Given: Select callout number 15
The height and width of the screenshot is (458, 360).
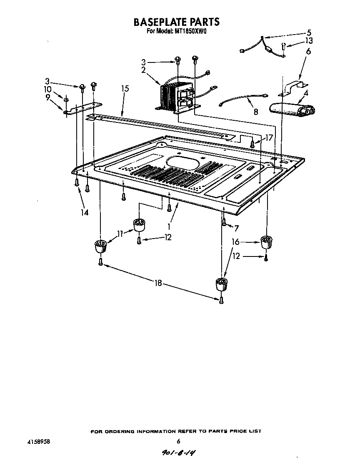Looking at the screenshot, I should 125,89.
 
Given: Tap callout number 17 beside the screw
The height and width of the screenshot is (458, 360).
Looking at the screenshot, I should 269,137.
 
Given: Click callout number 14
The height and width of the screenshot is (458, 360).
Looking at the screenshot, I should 85,212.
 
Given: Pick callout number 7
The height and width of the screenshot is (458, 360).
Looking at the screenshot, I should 236,228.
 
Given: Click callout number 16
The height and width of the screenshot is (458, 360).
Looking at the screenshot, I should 236,242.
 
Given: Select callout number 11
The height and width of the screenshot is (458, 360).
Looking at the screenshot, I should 120,234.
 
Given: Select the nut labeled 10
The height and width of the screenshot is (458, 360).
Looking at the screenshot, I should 66,99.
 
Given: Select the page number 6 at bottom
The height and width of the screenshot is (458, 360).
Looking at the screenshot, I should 178,441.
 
